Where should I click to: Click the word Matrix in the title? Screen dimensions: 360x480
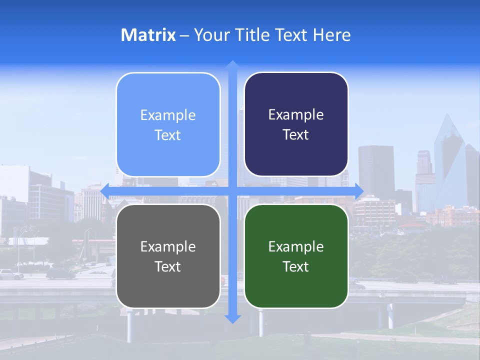148,35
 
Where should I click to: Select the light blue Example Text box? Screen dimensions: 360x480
168,124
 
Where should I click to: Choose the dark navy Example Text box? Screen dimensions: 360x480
296,124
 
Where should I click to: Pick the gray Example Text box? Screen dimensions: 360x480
168,256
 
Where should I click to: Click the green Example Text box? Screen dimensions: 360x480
296,256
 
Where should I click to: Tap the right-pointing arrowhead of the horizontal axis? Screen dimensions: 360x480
359,190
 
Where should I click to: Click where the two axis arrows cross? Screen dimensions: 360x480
232,190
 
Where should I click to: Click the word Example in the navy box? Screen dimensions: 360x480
296,115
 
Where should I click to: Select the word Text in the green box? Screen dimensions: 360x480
296,266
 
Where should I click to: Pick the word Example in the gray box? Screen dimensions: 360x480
168,246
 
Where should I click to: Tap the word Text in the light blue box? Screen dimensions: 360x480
168,135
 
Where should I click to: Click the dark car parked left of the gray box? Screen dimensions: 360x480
60,273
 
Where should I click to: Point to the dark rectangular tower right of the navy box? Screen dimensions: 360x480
376,170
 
